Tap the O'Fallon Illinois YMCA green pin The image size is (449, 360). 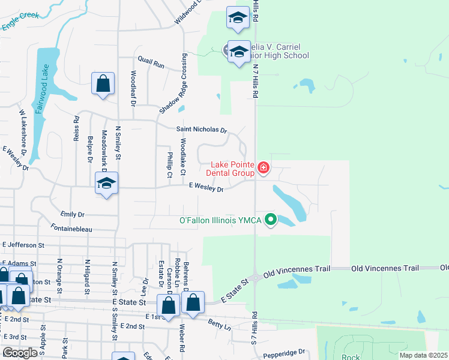[271, 220]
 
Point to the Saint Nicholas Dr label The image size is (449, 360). [201, 130]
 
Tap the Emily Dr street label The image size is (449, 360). [73, 214]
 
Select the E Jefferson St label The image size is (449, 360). [23, 245]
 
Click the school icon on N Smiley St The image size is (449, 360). [106, 184]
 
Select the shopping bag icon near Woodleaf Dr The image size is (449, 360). [103, 84]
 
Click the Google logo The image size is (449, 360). [20, 353]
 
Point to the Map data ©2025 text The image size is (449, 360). [423, 355]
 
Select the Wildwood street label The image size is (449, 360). [186, 16]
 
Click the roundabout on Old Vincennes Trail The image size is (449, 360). [255, 277]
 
